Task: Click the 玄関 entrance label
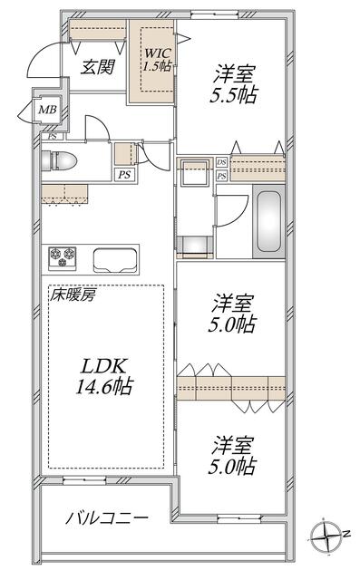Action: tap(98, 66)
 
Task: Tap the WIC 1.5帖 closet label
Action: tap(158, 59)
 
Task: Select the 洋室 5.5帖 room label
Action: tap(233, 84)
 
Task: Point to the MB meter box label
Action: tap(48, 110)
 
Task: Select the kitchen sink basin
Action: tap(115, 260)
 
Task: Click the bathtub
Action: tap(268, 221)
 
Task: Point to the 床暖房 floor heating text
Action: tap(73, 295)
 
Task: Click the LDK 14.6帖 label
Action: tap(104, 376)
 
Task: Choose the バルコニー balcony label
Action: tap(107, 518)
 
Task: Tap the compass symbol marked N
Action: tap(327, 536)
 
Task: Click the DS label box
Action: tap(221, 162)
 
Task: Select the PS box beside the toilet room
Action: tap(124, 175)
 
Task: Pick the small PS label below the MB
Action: tap(53, 136)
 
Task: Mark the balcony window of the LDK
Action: tap(84, 480)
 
